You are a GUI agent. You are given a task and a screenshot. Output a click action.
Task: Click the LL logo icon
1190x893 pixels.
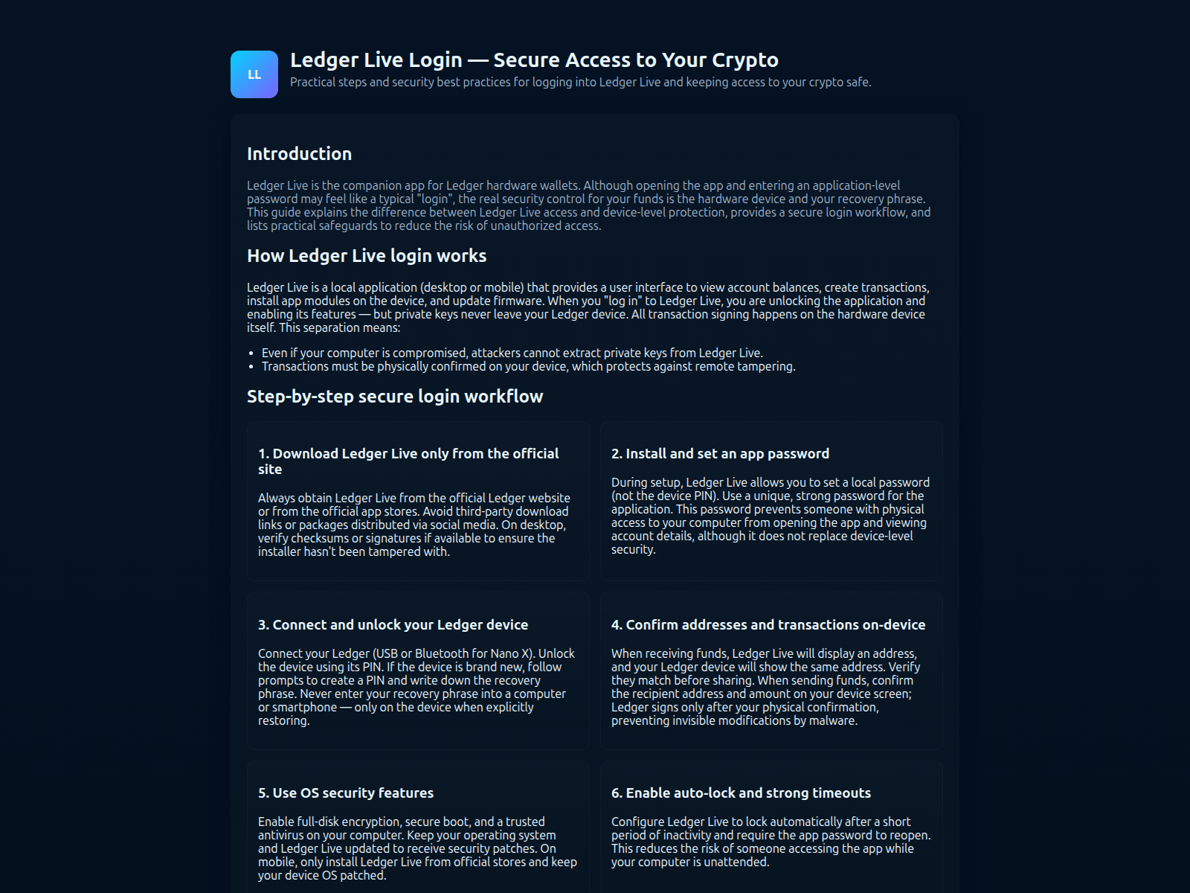coord(254,74)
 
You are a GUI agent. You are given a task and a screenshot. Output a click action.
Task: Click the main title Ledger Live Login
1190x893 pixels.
coord(534,60)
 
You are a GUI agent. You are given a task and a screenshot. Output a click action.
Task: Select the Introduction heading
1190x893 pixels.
coord(299,154)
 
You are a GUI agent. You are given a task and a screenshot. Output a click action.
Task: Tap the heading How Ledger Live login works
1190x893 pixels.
coord(367,256)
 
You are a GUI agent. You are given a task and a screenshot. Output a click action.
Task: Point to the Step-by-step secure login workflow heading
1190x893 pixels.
coord(395,397)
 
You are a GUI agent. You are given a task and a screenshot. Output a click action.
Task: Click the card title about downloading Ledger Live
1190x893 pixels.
coord(408,461)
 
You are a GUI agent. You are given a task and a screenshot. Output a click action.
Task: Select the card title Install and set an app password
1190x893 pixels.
coord(720,454)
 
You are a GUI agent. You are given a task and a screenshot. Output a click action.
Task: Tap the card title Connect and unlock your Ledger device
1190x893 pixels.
coord(393,625)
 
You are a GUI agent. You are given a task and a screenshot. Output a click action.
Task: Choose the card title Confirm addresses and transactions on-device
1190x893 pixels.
coord(768,625)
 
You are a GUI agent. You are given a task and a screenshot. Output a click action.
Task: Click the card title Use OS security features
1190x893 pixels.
coord(346,793)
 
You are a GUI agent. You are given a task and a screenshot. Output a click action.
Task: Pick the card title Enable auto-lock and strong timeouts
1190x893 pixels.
coord(741,793)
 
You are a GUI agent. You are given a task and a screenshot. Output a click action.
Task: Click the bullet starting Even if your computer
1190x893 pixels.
coord(512,353)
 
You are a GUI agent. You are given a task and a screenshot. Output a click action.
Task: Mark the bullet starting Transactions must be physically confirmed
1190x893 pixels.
coord(528,367)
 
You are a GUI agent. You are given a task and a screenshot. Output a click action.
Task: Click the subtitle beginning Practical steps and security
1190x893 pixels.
coord(580,83)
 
